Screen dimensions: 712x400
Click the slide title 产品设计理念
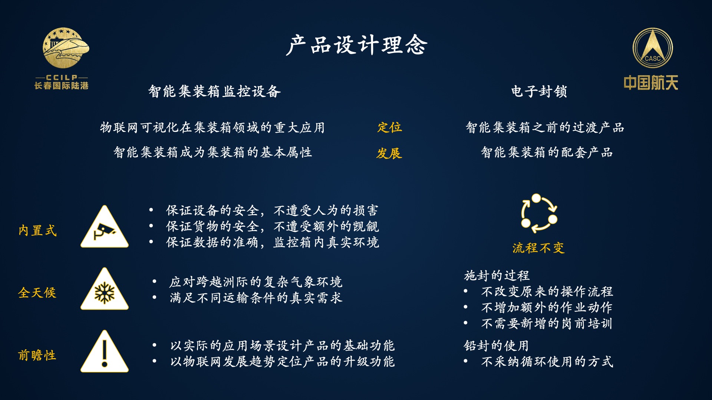click(357, 45)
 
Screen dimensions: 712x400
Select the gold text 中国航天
click(651, 83)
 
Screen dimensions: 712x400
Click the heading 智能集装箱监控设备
click(214, 91)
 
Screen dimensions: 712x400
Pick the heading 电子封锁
click(539, 91)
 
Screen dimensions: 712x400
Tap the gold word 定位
click(389, 127)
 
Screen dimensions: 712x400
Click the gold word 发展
click(389, 153)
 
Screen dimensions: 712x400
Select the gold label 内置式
click(37, 230)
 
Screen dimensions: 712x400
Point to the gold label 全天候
click(37, 293)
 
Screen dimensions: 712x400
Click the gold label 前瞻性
click(37, 355)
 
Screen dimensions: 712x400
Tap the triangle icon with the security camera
click(105, 227)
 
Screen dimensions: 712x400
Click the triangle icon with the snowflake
click(105, 289)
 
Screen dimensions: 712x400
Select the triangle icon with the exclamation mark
click(105, 351)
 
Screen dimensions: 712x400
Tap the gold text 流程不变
click(538, 248)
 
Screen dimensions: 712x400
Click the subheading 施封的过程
click(497, 276)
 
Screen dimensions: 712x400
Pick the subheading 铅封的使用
click(496, 346)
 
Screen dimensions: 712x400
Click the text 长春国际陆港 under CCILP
click(62, 86)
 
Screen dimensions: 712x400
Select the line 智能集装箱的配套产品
click(547, 152)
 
